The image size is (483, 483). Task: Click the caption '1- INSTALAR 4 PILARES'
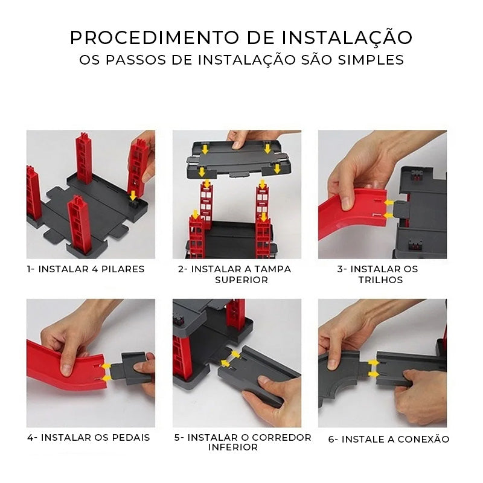[x=86, y=269]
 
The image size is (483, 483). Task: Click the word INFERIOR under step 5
[x=233, y=447]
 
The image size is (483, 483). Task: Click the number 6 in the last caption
[x=331, y=440]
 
